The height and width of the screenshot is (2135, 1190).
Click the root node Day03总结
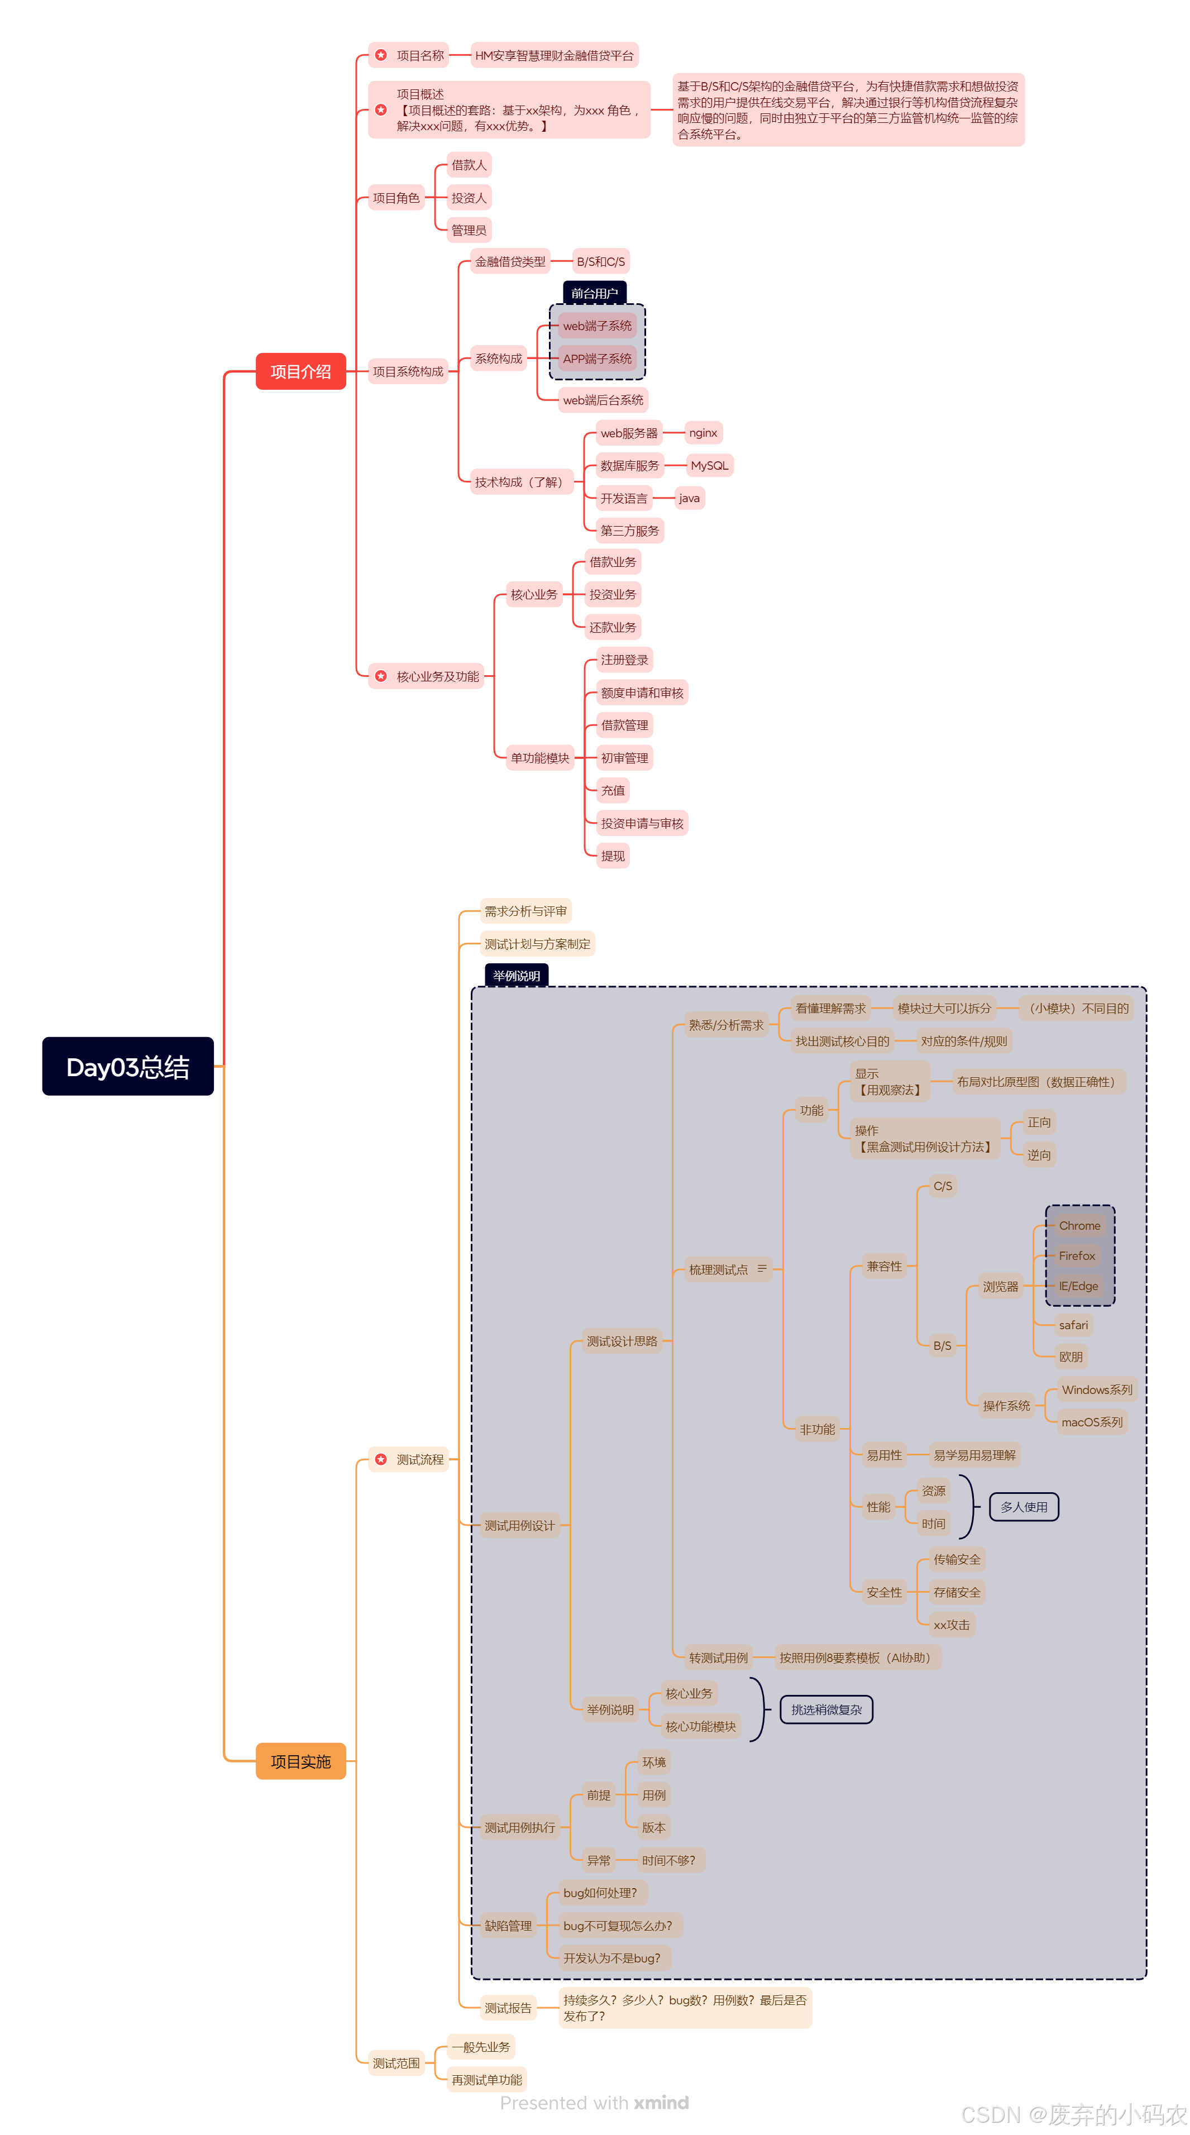pos(128,1066)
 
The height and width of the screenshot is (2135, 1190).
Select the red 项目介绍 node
pos(300,371)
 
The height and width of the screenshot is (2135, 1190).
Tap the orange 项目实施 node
pos(300,1761)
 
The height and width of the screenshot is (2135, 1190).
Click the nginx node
pos(702,433)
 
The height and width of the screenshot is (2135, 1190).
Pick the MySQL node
pos(709,466)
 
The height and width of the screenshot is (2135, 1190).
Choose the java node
pos(689,498)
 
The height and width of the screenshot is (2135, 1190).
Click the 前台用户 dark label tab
pos(594,293)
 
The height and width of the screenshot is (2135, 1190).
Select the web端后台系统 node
pos(603,400)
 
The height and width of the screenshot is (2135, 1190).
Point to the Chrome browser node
pos(1079,1226)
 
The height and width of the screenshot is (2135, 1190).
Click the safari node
pos(1073,1325)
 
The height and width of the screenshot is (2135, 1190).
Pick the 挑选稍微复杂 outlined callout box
pos(826,1710)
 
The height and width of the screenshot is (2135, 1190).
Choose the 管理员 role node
pos(468,231)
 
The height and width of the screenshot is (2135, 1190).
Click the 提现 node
pos(613,856)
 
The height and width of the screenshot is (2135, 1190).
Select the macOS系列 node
pos(1091,1422)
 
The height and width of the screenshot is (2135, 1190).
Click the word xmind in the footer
pos(661,2103)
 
